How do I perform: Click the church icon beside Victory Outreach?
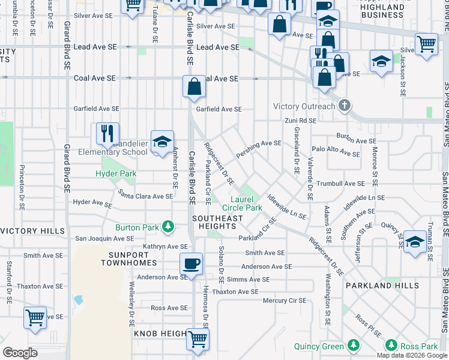click(x=344, y=106)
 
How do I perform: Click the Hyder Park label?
click(x=116, y=174)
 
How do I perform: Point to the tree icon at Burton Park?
click(x=169, y=227)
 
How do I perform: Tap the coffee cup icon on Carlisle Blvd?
click(x=191, y=263)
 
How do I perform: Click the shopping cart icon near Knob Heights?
click(x=197, y=338)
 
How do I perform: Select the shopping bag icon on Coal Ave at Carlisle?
click(x=194, y=86)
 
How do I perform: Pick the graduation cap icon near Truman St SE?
click(x=415, y=241)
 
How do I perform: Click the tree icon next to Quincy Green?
click(x=354, y=346)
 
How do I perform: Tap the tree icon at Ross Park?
click(x=391, y=346)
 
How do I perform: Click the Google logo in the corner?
click(x=20, y=352)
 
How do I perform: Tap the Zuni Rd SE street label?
click(x=300, y=121)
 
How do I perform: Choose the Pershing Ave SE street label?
click(x=259, y=143)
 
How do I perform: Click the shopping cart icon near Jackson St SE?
click(x=426, y=44)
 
